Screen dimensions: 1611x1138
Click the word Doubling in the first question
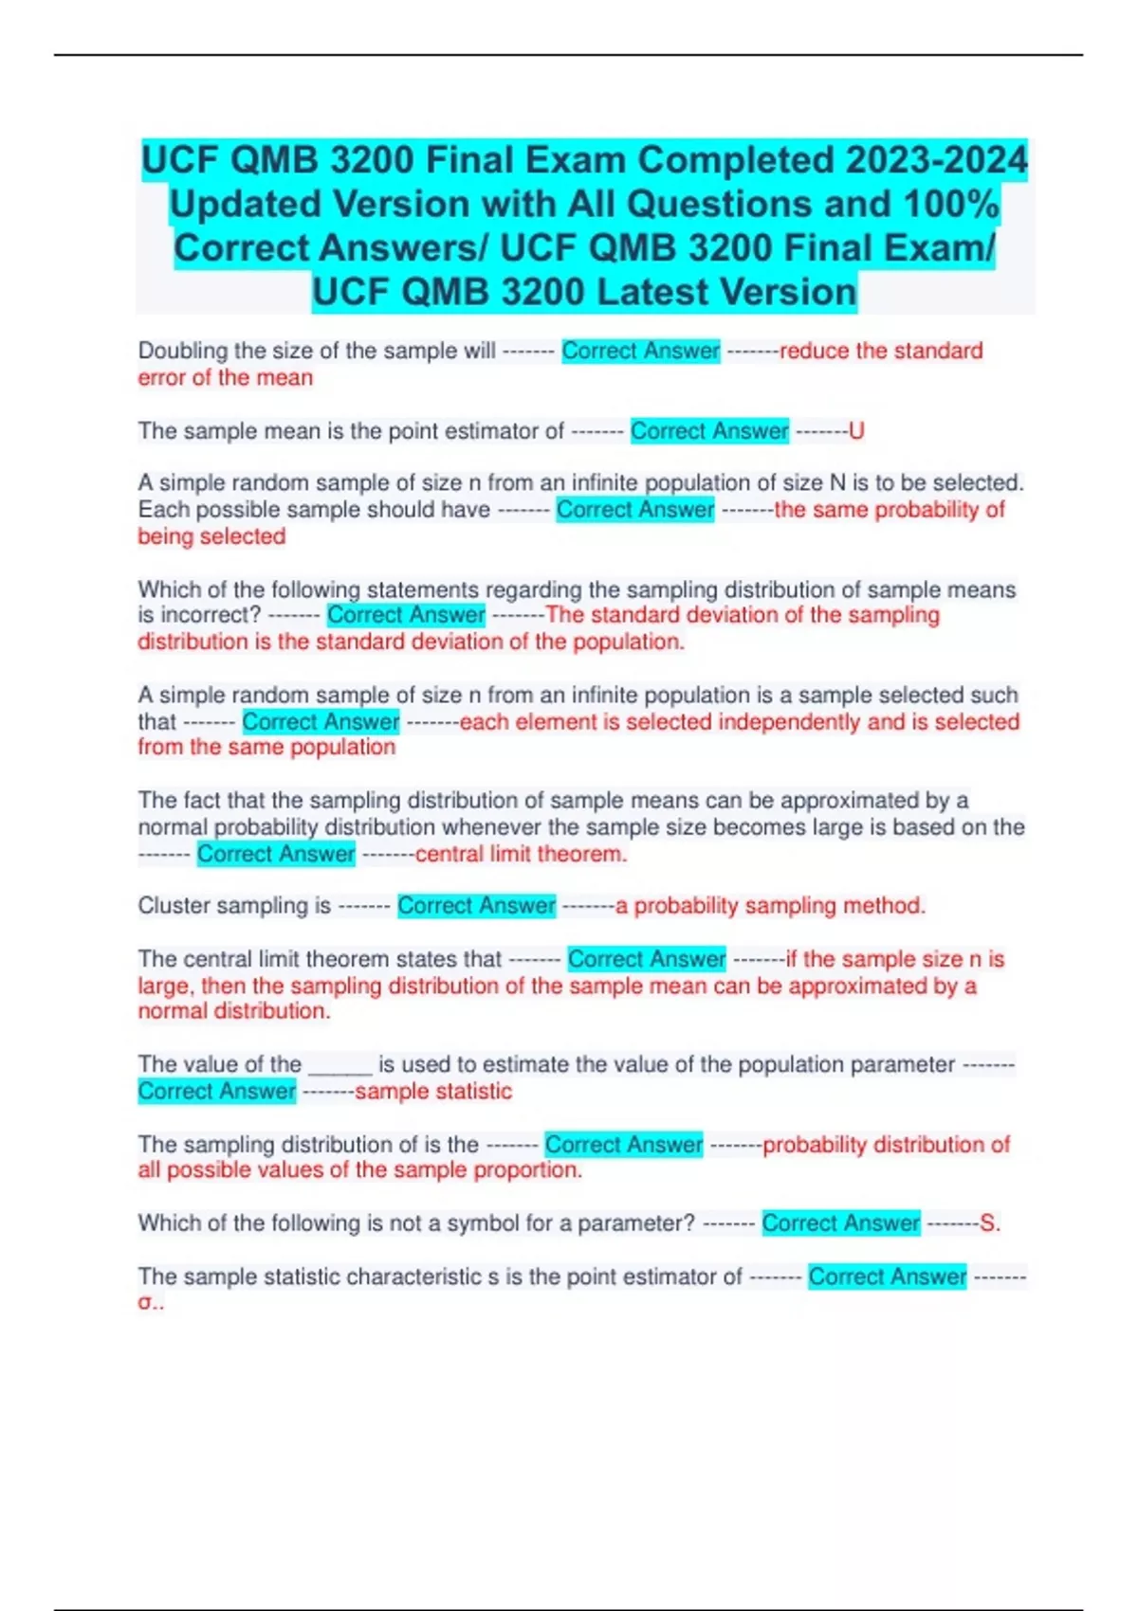pos(183,351)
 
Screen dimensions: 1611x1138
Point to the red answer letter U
pos(856,432)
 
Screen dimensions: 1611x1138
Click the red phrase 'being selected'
pos(211,536)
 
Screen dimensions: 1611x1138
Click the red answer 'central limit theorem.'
pos(522,854)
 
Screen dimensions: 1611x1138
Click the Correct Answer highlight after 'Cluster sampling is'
pos(476,906)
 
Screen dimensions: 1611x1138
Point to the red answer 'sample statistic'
pos(433,1092)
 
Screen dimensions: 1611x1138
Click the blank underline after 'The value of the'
pos(340,1067)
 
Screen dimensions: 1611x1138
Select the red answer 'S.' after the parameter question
pos(990,1223)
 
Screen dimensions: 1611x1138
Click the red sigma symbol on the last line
pos(145,1303)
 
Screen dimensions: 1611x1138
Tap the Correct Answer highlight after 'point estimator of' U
pos(709,432)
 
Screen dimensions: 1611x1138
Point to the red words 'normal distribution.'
pos(234,1011)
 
